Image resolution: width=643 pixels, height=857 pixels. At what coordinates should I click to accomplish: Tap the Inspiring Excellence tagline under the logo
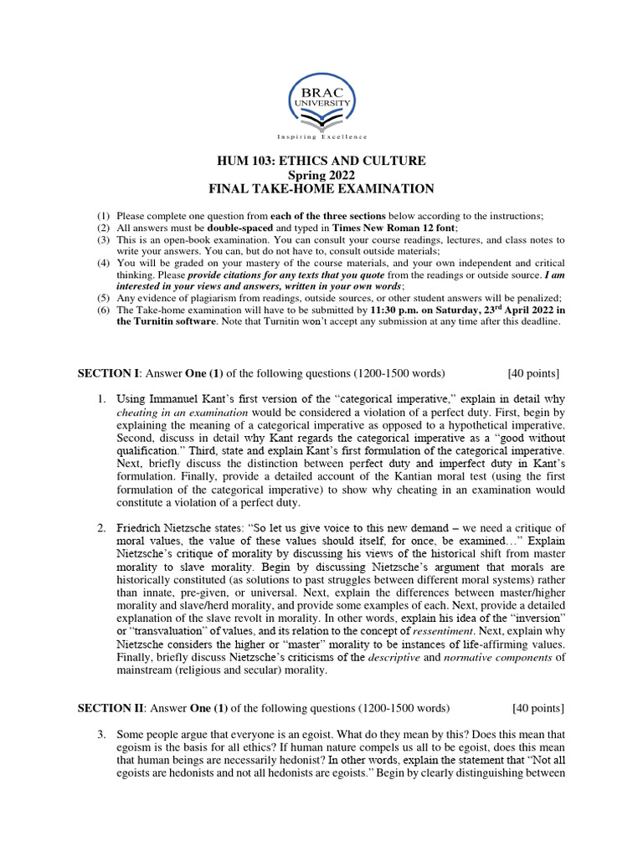[321, 136]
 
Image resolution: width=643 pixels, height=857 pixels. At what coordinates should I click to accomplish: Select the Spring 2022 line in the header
[321, 175]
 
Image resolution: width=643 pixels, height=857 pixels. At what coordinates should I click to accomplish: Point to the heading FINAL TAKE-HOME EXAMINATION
[321, 189]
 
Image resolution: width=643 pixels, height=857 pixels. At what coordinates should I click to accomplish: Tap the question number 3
[100, 735]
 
